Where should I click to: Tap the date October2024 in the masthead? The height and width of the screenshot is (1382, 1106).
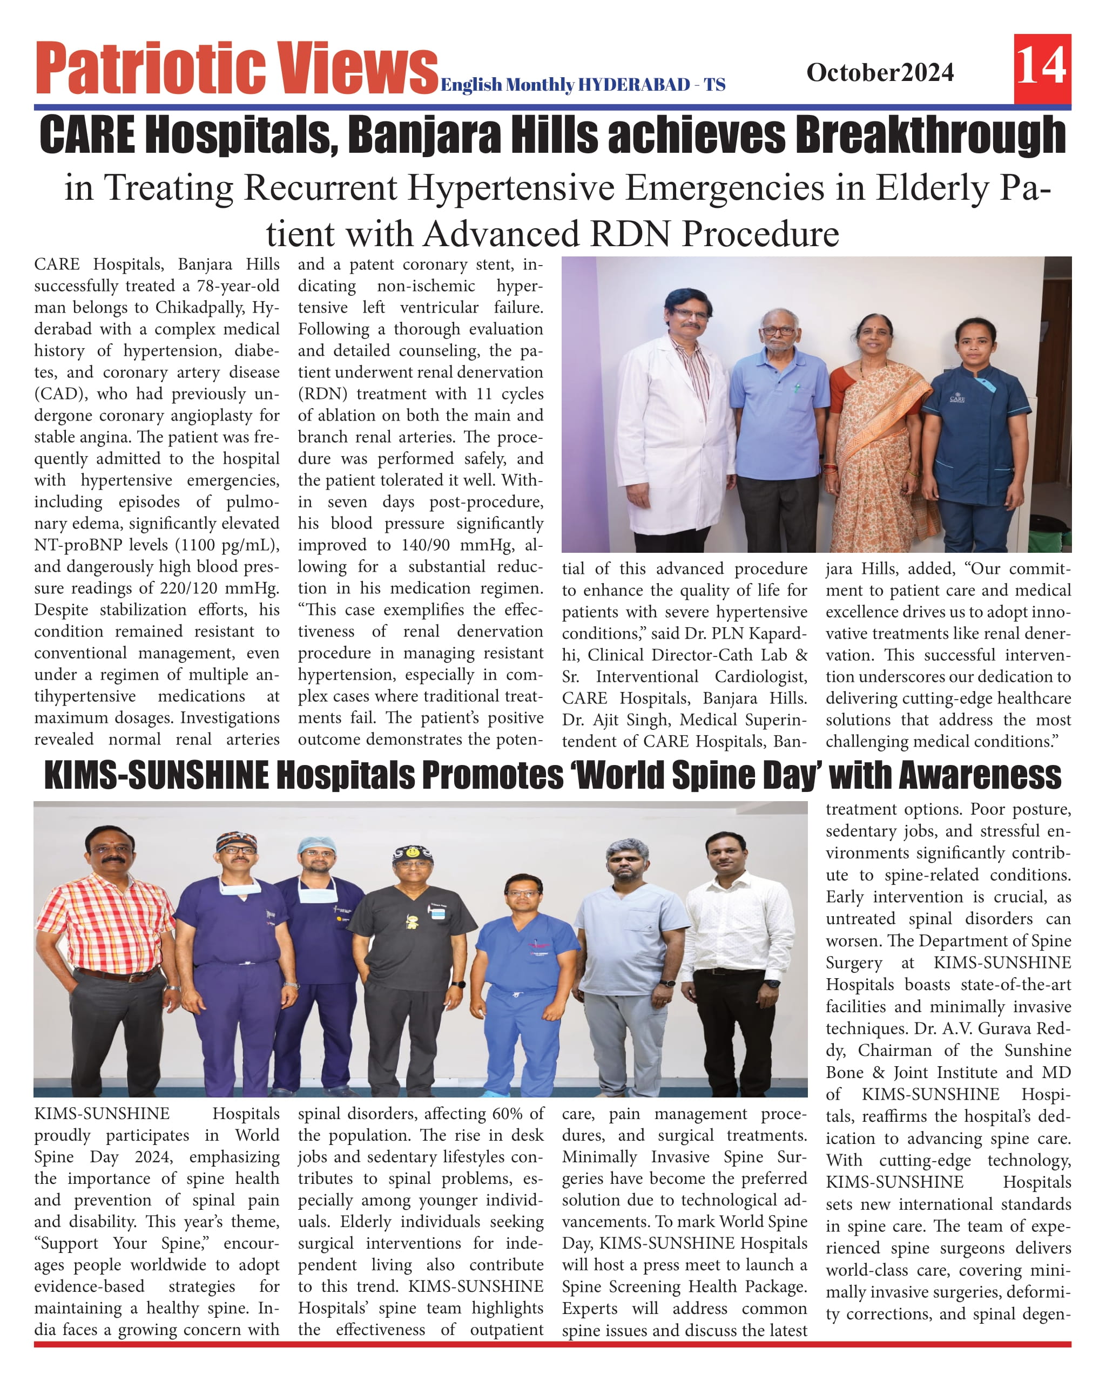pos(880,72)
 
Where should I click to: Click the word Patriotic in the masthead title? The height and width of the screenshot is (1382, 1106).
pos(150,67)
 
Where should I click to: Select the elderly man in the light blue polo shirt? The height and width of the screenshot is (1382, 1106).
pos(780,410)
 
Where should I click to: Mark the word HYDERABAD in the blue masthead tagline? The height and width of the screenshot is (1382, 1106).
pos(634,85)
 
